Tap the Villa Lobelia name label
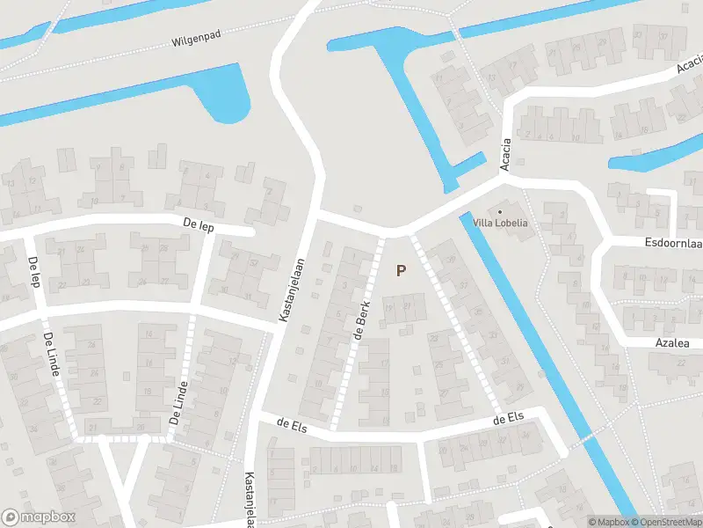500,223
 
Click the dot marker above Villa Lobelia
501,211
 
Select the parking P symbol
401,271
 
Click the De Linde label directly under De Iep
50,355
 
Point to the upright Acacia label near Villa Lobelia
505,156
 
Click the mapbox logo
39,517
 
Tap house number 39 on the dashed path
451,258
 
